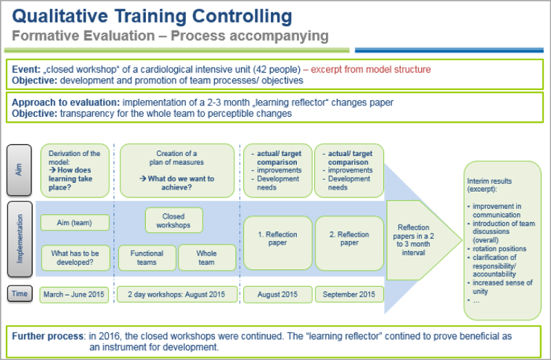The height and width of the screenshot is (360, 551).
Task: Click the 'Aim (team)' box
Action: point(75,223)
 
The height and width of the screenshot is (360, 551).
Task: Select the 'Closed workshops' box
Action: point(174,220)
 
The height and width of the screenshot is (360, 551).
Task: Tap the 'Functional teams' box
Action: point(147,258)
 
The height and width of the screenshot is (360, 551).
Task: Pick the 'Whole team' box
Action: point(207,258)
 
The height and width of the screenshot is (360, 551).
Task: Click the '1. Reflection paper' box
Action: point(277,243)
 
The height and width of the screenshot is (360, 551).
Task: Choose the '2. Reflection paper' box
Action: point(349,243)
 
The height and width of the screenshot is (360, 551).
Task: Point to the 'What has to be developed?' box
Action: point(75,258)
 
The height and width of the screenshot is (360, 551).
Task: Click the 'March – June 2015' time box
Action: point(74,295)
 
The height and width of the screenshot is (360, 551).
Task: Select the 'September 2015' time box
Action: point(349,295)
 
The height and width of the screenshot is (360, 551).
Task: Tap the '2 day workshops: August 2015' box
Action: point(176,295)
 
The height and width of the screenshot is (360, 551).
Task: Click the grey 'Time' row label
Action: point(20,294)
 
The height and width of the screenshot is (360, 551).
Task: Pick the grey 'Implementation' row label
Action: point(20,239)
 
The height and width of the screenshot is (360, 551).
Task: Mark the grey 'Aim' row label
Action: point(20,170)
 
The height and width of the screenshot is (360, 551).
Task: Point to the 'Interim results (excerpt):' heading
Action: point(489,185)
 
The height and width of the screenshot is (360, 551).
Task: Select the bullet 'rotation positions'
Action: point(499,249)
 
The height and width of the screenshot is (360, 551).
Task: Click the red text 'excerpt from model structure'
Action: point(370,69)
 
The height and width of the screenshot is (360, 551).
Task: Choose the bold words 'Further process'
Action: point(48,336)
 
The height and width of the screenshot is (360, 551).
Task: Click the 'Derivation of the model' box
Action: point(75,171)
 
